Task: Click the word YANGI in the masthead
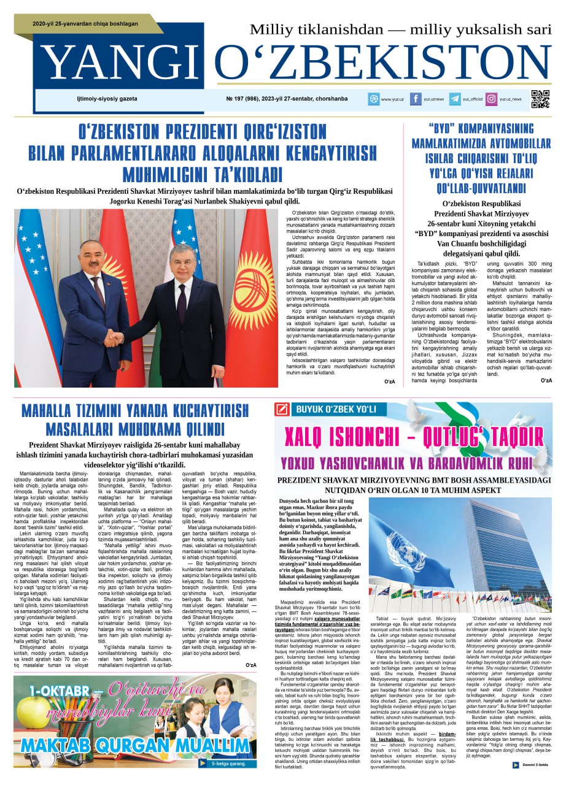(123, 64)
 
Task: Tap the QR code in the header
(540, 99)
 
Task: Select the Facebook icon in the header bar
(416, 99)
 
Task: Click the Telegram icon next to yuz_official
(455, 99)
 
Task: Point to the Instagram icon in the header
(492, 99)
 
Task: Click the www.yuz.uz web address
(392, 99)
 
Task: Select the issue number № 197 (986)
(246, 99)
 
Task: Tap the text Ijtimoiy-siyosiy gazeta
(95, 99)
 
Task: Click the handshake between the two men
(113, 338)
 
